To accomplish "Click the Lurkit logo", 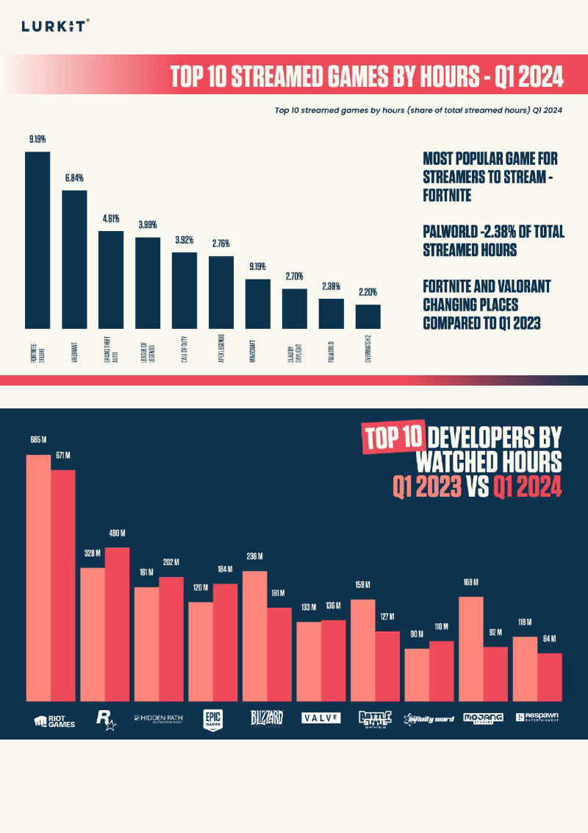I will point(56,26).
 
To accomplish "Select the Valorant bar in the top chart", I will point(74,259).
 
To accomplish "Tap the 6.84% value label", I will point(73,178).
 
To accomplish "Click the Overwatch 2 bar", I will point(367,316).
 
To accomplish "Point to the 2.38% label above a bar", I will point(331,286).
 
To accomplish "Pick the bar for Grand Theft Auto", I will point(111,280).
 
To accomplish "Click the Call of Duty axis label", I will point(185,350).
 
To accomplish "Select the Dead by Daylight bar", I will point(294,308).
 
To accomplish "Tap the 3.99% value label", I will point(147,224).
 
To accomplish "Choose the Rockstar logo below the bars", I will point(107,719).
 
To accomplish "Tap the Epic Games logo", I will point(212,718).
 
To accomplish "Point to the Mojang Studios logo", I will point(482,717).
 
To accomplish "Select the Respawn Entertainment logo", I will point(537,717).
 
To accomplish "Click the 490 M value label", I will point(118,535).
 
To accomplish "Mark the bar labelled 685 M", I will point(38,578).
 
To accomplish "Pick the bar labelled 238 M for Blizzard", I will point(254,636).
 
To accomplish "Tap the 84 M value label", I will point(549,639).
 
